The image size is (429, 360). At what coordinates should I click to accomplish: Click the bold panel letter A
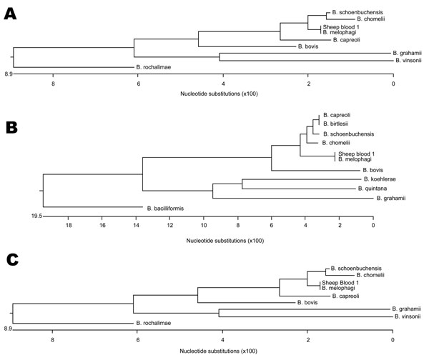10,14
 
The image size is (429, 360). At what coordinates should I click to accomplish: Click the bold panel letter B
11,128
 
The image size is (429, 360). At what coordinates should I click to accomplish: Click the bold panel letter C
12,260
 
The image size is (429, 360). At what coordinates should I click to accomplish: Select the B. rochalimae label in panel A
154,67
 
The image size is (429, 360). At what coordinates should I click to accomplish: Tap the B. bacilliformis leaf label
165,209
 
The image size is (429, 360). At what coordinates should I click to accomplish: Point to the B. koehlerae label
380,179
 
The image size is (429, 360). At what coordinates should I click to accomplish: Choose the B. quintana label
373,189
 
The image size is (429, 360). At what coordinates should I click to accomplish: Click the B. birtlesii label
335,124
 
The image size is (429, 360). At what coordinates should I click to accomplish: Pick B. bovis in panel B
373,170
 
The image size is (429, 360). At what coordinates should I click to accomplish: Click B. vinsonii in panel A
408,61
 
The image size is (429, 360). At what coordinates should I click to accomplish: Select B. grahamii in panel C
406,309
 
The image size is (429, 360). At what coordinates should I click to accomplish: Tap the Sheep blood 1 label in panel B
356,154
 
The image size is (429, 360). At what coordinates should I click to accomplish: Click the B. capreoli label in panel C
345,296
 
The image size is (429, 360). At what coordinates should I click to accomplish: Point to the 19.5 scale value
36,216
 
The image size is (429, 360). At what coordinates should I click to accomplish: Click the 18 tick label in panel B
69,225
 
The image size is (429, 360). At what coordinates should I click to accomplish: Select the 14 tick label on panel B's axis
136,225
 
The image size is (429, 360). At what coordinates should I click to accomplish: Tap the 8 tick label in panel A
53,84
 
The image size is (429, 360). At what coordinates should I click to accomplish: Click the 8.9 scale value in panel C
8,329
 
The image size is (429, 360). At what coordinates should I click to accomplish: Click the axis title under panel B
225,241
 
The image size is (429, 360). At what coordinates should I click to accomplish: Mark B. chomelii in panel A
370,19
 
